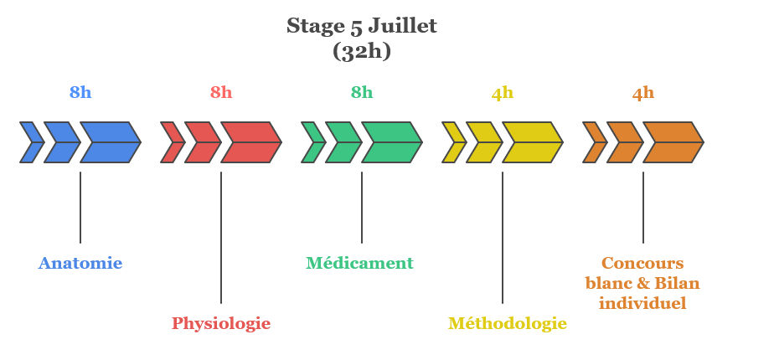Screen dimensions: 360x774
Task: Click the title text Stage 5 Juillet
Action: tap(362, 26)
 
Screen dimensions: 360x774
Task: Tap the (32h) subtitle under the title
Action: tap(362, 51)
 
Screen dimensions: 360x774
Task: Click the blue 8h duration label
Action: tap(80, 93)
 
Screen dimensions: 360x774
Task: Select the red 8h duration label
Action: tap(221, 93)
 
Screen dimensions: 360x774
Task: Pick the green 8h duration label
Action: tap(362, 93)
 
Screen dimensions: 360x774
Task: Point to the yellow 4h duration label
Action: tap(503, 93)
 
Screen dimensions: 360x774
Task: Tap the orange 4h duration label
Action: tap(643, 93)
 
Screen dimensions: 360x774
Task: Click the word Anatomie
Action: tap(80, 263)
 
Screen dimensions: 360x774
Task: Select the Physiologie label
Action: tap(221, 323)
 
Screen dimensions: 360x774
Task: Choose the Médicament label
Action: tap(359, 263)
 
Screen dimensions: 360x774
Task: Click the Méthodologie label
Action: tap(508, 323)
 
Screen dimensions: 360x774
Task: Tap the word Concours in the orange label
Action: tap(642, 263)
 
